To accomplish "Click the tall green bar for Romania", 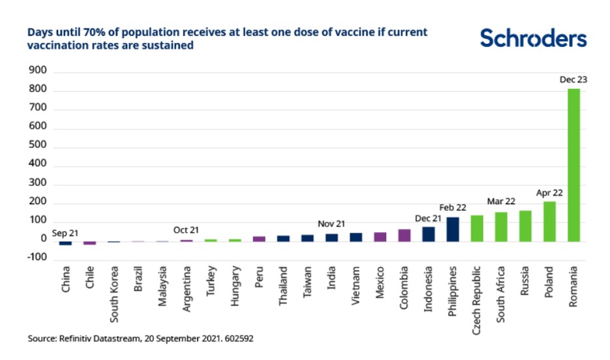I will [573, 165].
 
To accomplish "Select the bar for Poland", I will [549, 222].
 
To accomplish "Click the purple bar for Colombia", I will [404, 235].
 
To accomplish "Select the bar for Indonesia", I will [429, 234].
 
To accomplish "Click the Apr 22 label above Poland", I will [549, 193].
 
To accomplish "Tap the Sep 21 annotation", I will [65, 232].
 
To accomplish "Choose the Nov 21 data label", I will [331, 224].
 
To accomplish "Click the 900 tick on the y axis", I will [38, 71].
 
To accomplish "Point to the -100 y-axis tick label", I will [36, 258].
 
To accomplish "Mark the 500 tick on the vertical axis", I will [38, 147].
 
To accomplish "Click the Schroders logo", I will [533, 38].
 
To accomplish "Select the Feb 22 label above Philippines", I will [453, 208].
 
